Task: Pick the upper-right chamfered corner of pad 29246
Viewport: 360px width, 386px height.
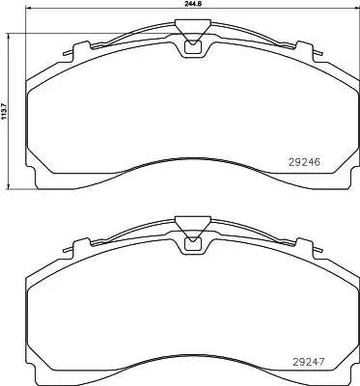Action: [333, 72]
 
